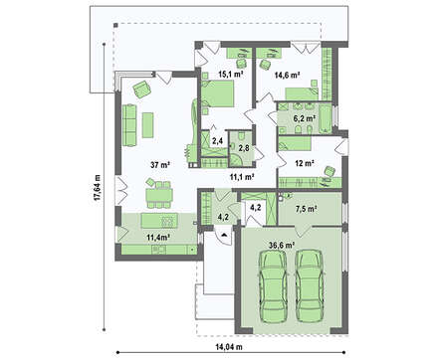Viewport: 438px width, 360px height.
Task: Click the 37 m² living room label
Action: click(160, 165)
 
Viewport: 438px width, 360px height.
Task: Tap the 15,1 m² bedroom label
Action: click(230, 74)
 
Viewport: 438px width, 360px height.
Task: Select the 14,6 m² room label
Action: click(288, 76)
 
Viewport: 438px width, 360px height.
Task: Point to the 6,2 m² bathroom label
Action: click(304, 117)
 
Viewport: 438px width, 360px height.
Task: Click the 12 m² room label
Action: click(305, 163)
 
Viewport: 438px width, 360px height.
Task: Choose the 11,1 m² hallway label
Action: click(242, 177)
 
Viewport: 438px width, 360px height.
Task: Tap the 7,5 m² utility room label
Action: click(306, 209)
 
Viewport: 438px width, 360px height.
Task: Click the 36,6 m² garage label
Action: click(282, 245)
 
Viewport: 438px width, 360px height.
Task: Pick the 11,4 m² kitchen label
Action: click(158, 237)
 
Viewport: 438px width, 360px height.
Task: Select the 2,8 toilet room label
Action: click(244, 148)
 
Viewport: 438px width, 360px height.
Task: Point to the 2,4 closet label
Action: click(217, 141)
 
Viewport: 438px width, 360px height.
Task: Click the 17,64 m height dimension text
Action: click(97, 188)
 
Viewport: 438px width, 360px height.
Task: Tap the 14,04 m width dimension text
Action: click(229, 347)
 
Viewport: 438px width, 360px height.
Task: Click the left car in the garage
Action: click(272, 286)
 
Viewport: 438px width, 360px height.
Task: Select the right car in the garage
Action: click(309, 286)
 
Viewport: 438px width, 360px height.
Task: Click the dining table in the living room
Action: click(159, 195)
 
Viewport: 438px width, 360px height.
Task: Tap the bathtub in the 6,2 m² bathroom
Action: click(325, 118)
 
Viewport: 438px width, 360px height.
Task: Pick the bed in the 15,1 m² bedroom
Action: click(217, 93)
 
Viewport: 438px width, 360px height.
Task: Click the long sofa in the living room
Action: click(129, 125)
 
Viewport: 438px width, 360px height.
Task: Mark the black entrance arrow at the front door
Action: click(224, 235)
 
